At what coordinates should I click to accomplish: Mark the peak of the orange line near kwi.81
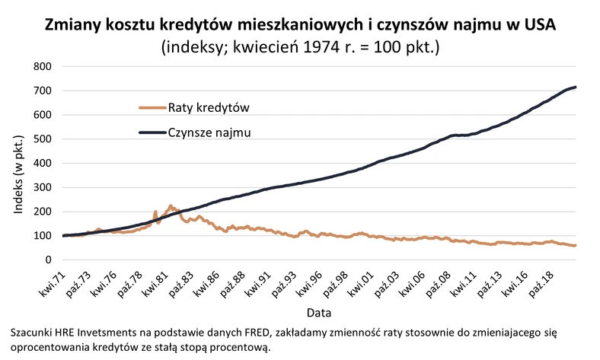pyautogui.click(x=171, y=205)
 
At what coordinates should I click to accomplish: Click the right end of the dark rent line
pyautogui.click(x=576, y=87)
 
